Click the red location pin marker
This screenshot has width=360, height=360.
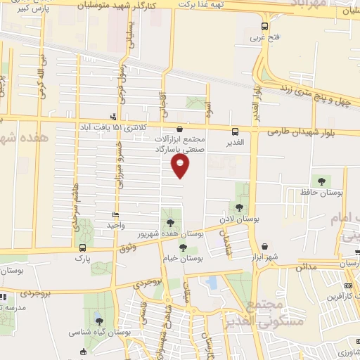coord(181,165)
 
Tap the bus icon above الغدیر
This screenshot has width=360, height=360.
coord(235,131)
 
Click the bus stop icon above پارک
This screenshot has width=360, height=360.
coord(84,247)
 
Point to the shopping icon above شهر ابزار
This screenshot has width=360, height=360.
coord(265,247)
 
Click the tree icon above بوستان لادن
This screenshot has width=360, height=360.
coord(240,207)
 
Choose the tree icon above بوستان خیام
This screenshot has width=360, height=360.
coord(184,247)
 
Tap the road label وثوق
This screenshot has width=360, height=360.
coord(127,247)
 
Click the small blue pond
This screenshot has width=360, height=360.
coord(212,283)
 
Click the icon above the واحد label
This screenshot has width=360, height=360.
coord(116,214)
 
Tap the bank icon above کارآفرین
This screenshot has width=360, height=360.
coord(349,286)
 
